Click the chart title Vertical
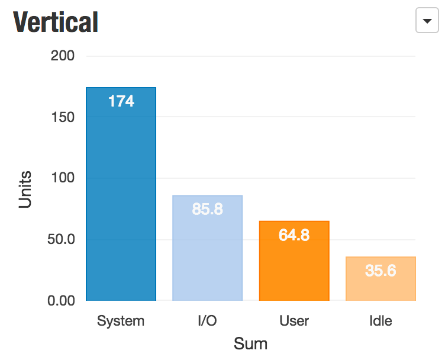point(56,22)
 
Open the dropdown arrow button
point(427,22)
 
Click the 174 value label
point(121,101)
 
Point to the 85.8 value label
point(207,209)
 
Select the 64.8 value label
point(294,235)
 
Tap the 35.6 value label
point(380,271)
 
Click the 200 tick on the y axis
point(63,56)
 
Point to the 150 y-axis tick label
point(63,117)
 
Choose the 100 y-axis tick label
point(63,178)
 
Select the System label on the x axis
point(121,322)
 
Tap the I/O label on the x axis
point(207,322)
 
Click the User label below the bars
point(294,322)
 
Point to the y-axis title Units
point(25,190)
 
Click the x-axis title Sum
point(250,343)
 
